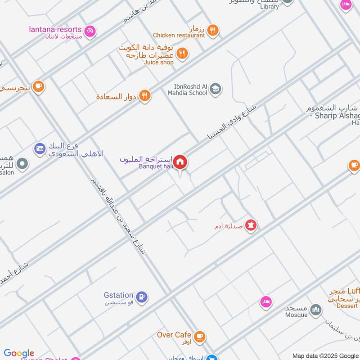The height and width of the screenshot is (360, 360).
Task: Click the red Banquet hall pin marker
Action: [x=180, y=162]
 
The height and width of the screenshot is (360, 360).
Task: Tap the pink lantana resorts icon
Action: [x=90, y=31]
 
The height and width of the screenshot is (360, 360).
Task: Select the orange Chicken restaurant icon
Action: [x=213, y=30]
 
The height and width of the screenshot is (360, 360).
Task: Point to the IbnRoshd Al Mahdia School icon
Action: [x=216, y=89]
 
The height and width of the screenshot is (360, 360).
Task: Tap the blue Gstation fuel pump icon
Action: [x=142, y=297]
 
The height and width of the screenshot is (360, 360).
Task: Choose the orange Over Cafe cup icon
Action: [x=199, y=336]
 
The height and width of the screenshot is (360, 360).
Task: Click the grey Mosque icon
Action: [x=316, y=310]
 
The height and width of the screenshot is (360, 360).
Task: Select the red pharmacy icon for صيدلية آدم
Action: [x=251, y=225]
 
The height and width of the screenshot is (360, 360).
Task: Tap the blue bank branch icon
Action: [x=40, y=148]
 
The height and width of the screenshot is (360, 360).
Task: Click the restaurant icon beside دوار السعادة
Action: [x=144, y=95]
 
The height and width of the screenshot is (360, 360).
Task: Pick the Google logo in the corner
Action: [x=19, y=353]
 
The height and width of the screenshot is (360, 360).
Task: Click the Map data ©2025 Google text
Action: [x=325, y=355]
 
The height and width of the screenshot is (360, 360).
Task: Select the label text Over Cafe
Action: [x=174, y=335]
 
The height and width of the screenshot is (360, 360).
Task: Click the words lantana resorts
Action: [x=55, y=29]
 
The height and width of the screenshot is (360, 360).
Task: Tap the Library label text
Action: [x=270, y=7]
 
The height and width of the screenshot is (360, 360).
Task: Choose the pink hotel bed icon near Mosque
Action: [x=266, y=302]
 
